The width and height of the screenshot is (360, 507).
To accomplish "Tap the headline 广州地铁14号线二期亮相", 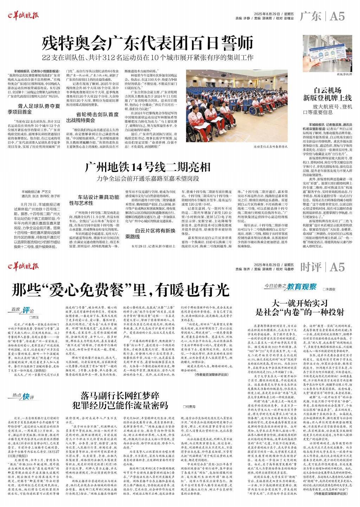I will click(148, 167).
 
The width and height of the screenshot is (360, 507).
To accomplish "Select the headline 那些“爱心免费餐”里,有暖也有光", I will click(121, 290).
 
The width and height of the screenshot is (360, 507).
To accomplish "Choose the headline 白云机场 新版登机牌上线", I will click(328, 94).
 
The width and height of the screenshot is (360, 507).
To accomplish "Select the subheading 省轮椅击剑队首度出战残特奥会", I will click(97, 117).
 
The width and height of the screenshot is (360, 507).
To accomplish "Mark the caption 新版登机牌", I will click(344, 75).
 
